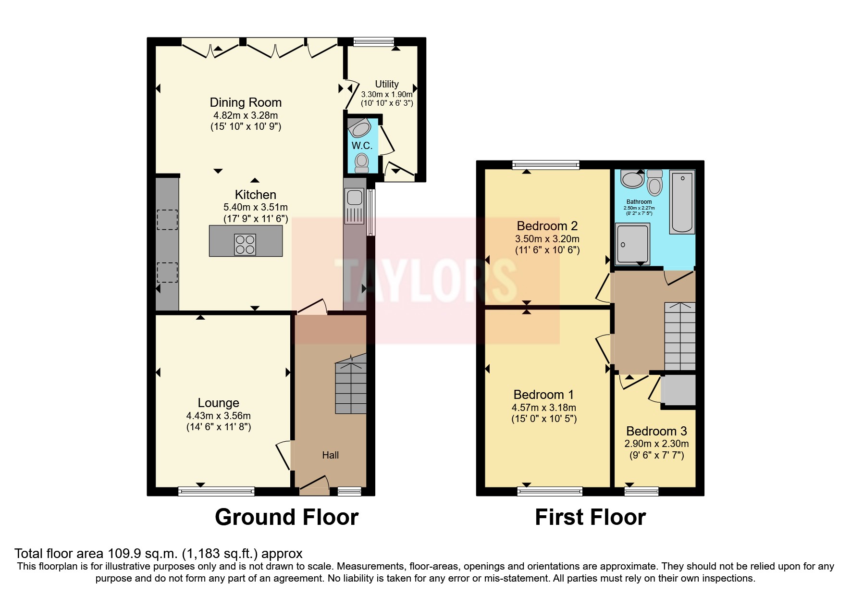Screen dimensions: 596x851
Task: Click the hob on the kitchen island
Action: click(245, 244)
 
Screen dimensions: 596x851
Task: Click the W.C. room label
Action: click(362, 145)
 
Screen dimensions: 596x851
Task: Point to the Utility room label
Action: click(387, 84)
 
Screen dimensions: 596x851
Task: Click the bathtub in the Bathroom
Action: click(682, 202)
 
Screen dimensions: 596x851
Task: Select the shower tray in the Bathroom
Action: click(632, 244)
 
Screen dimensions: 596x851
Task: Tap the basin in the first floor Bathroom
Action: click(632, 179)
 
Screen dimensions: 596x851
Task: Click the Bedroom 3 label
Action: click(656, 431)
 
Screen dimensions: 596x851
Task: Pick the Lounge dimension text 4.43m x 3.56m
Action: click(219, 416)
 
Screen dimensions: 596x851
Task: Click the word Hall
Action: click(331, 455)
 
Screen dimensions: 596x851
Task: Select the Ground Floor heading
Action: click(286, 517)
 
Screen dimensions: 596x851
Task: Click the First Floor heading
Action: click(590, 517)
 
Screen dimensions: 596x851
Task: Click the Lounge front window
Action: click(216, 491)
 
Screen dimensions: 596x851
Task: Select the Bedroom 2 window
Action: click(546, 165)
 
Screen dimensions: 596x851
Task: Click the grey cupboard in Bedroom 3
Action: click(679, 390)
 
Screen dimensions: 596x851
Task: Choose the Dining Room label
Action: click(246, 102)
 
